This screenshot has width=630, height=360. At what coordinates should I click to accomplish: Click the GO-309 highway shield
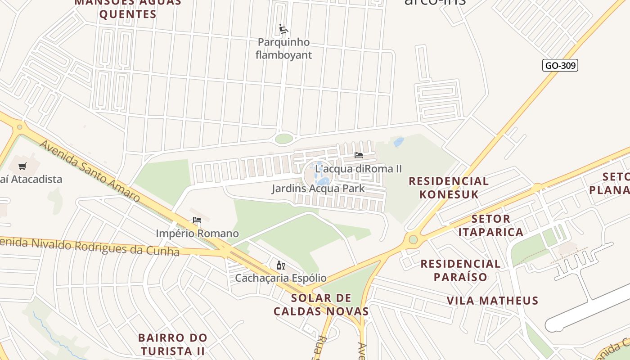point(560,66)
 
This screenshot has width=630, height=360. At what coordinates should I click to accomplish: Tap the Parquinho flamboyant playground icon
point(283,29)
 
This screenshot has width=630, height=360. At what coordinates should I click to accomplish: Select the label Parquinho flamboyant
point(284,49)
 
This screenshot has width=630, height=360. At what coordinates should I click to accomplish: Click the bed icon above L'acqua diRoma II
point(359,155)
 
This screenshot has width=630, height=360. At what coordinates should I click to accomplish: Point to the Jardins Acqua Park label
point(318,188)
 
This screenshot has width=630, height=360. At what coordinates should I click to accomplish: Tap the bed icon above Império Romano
point(197,220)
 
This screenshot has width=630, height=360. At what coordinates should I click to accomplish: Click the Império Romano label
point(197,234)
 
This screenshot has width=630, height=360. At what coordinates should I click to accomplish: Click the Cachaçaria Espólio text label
point(281,278)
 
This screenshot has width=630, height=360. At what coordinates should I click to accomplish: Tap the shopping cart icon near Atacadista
point(22,166)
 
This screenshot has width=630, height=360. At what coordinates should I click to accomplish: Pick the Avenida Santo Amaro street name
point(90,171)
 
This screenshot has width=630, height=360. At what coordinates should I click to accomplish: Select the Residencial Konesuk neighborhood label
point(448,188)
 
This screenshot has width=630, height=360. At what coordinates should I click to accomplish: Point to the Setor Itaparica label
point(497,225)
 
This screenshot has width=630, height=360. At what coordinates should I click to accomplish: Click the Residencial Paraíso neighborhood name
point(460,270)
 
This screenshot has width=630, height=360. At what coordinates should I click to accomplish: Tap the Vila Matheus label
point(492,301)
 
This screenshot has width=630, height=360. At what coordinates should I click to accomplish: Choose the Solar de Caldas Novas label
point(321,305)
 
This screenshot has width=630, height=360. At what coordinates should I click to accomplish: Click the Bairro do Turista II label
point(173,344)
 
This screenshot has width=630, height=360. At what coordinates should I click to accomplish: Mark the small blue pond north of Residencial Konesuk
point(399,142)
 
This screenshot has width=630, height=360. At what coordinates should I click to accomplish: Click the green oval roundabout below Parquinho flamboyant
point(283,139)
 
